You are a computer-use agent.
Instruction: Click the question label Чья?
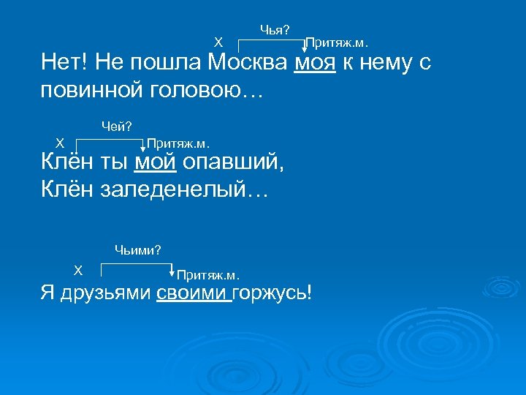pyautogui.click(x=274, y=29)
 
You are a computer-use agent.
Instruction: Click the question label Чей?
pyautogui.click(x=116, y=127)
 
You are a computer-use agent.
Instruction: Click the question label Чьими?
pyautogui.click(x=137, y=250)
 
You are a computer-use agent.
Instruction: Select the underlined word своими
pyautogui.click(x=194, y=294)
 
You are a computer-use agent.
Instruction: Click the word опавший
pyautogui.click(x=233, y=162)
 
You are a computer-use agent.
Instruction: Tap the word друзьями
pyautogui.click(x=103, y=294)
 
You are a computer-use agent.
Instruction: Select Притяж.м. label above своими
pyautogui.click(x=208, y=275)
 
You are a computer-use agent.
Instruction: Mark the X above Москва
pyautogui.click(x=217, y=42)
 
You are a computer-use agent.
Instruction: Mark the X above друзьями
pyautogui.click(x=78, y=269)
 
